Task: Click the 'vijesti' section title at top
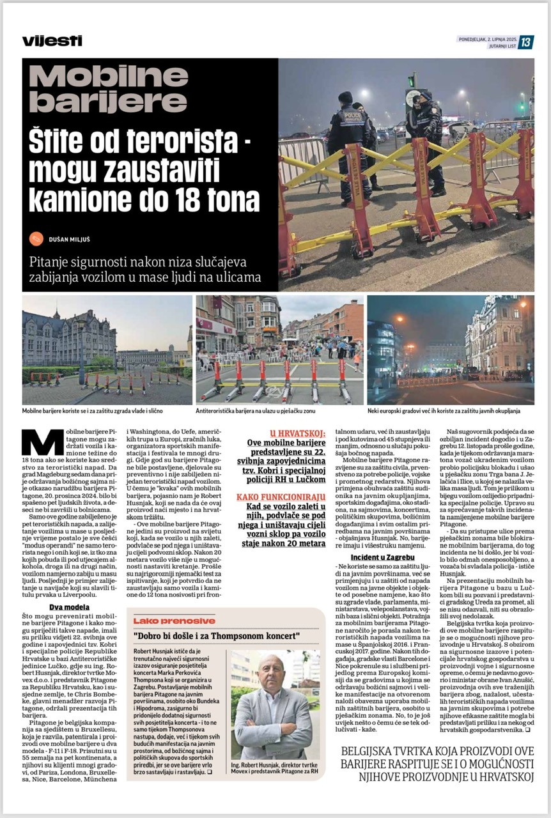tap(52, 41)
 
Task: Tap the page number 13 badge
tap(525, 43)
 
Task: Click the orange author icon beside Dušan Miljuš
tap(36, 239)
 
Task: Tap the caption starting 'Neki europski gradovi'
tap(444, 410)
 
